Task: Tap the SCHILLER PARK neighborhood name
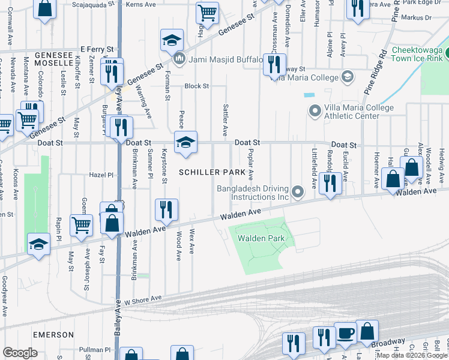pos(212,172)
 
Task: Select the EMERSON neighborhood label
pos(53,334)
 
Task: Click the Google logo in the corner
pos(20,353)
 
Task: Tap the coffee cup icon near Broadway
pos(345,334)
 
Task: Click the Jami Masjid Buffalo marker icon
pos(179,59)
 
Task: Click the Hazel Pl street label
pos(101,175)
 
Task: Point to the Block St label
pos(196,86)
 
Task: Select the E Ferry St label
pos(96,49)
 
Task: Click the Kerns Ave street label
pos(141,4)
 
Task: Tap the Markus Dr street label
pos(419,18)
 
